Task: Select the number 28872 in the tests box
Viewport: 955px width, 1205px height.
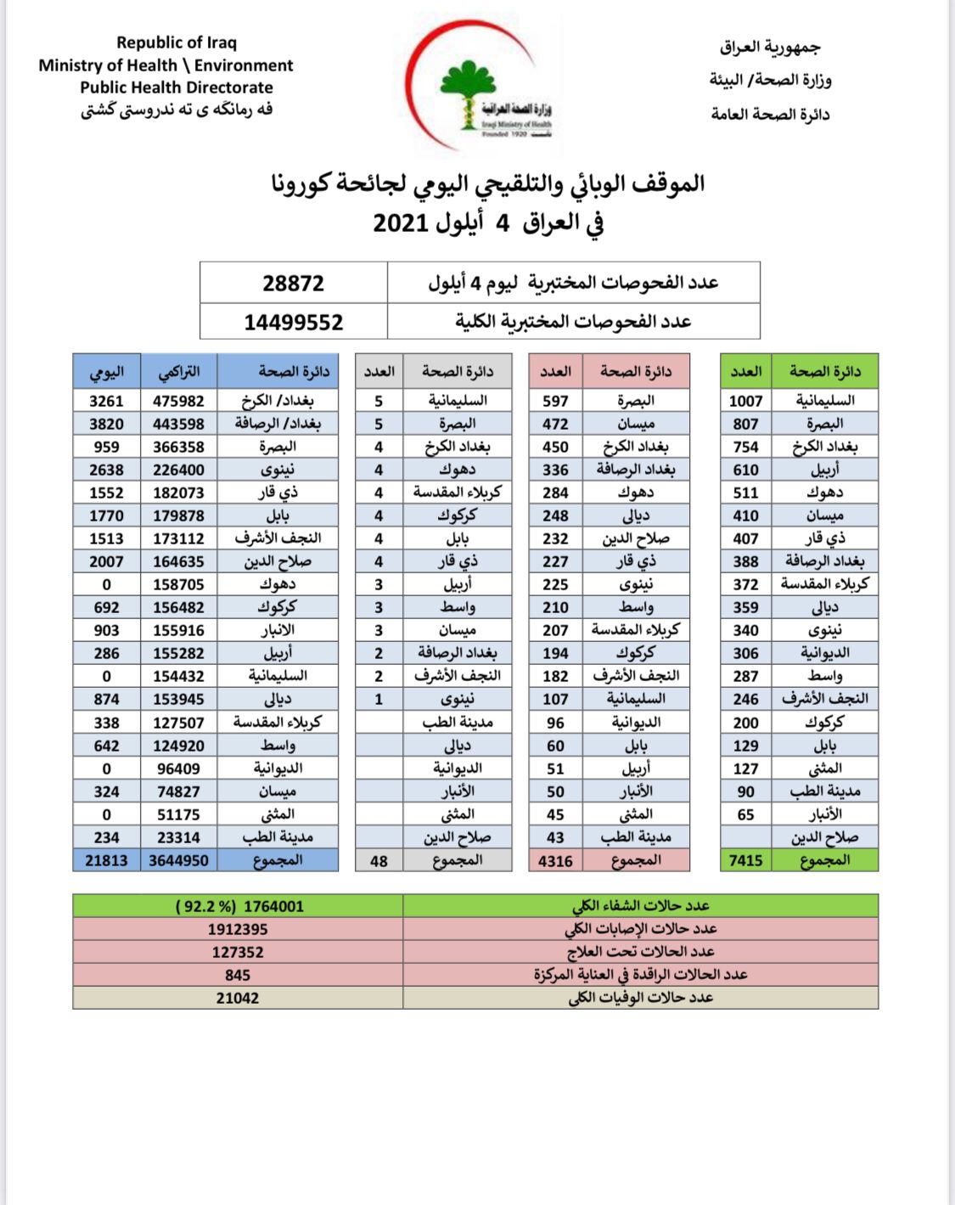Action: (x=293, y=284)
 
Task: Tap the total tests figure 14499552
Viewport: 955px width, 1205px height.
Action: (x=293, y=323)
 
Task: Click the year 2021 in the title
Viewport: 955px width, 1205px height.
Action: (x=400, y=223)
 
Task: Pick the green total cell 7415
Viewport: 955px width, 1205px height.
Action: (x=745, y=860)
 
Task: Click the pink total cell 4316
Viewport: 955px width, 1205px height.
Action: (x=555, y=861)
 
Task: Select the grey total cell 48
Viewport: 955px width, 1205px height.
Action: (x=379, y=861)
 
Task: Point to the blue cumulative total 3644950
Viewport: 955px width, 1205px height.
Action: (x=178, y=861)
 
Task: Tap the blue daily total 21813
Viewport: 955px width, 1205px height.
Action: (x=106, y=861)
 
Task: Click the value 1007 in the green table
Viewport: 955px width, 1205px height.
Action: (x=745, y=401)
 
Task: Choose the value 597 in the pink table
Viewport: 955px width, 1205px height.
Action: (x=555, y=401)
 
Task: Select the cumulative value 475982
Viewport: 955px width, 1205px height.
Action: (x=178, y=401)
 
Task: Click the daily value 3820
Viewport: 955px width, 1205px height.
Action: (x=106, y=424)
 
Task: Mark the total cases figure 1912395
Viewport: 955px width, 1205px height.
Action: (x=238, y=929)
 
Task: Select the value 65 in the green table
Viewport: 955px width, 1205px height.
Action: (x=745, y=814)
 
